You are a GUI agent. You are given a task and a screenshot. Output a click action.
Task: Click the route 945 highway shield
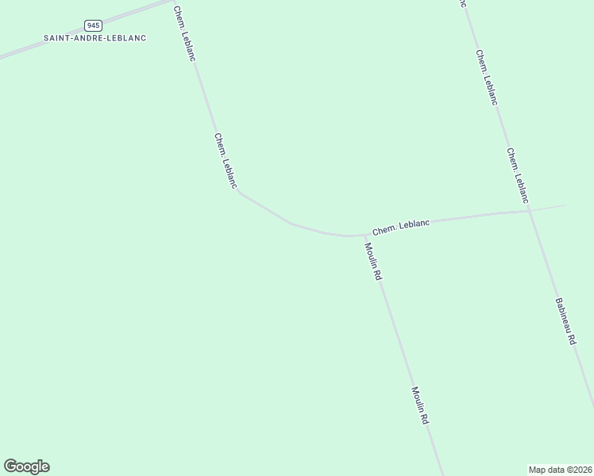(94, 25)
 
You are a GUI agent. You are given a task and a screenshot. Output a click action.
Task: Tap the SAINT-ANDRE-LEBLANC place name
(95, 38)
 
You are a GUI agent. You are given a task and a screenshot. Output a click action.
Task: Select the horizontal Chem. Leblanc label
(401, 227)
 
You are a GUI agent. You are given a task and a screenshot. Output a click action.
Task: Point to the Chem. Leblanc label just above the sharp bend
(226, 159)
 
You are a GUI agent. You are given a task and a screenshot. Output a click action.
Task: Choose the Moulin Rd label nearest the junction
(373, 261)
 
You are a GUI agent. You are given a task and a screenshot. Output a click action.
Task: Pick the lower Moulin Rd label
(420, 405)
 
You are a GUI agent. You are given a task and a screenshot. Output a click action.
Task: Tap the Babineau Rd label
(565, 321)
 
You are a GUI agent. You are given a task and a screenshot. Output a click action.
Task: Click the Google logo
(26, 466)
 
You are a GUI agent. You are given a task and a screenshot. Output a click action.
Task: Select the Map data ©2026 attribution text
(560, 469)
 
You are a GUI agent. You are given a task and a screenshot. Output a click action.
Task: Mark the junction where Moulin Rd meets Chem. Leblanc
(364, 236)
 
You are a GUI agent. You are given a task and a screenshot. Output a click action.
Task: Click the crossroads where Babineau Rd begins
(528, 210)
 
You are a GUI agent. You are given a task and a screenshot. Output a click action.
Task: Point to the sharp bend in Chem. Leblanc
(238, 191)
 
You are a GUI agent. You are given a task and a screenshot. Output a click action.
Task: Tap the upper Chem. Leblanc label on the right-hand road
(487, 77)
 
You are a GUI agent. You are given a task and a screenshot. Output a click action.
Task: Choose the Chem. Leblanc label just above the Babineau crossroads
(517, 175)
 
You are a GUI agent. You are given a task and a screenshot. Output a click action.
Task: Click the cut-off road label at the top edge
(461, 3)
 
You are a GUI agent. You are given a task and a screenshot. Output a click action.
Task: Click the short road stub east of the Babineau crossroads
(550, 207)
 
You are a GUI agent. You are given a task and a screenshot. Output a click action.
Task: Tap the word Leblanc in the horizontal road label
(414, 225)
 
